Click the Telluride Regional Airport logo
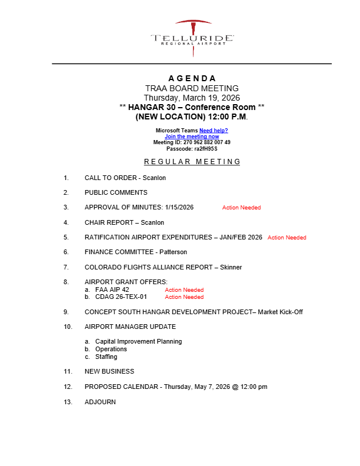tap(192, 38)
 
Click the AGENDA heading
tap(192, 78)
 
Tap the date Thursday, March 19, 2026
tap(192, 98)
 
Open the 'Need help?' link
tap(214, 131)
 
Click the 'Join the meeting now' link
tap(192, 137)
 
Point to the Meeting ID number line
tap(192, 142)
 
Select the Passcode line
tap(192, 148)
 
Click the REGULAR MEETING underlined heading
tap(192, 162)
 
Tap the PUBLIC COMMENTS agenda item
tap(116, 192)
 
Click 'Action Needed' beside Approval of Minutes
tap(241, 208)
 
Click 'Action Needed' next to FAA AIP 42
tap(184, 290)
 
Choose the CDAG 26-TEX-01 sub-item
tap(121, 297)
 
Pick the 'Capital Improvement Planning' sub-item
tap(138, 342)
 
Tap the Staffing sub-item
tap(106, 357)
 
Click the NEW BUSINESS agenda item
tap(109, 372)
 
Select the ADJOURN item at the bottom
tap(100, 402)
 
